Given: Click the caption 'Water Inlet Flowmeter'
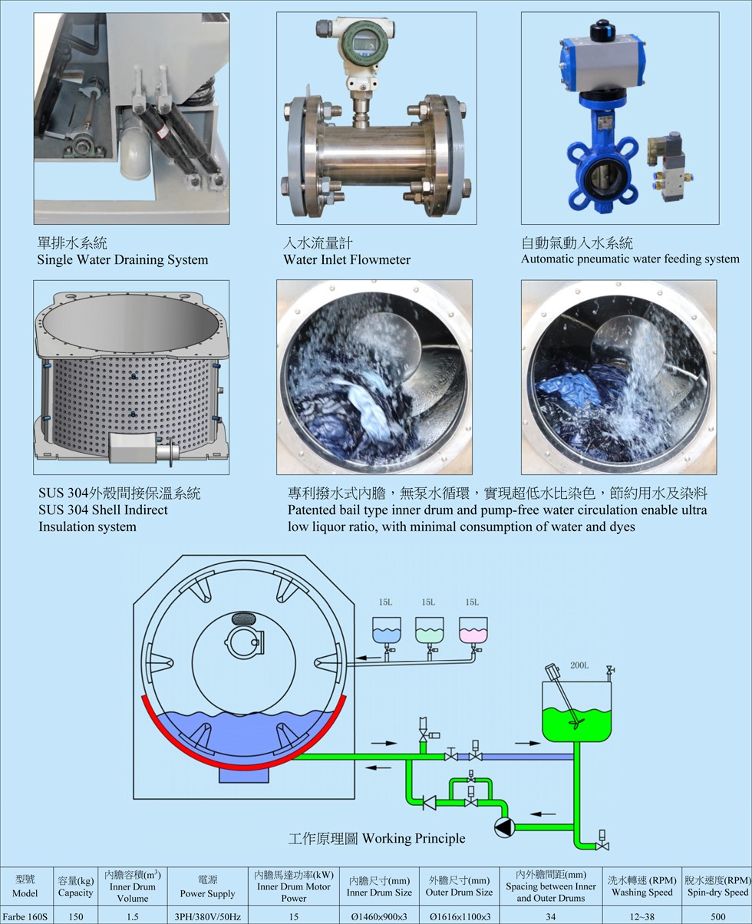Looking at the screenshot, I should point(347,259).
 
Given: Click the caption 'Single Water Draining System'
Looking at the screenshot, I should point(123,259).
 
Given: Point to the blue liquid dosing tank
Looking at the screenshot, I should point(386,630).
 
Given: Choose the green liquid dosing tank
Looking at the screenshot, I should point(429,630).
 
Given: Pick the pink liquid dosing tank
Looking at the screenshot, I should point(473,630).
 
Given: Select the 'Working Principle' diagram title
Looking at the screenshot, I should point(376,838).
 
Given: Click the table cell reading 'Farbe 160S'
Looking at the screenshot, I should point(25,916).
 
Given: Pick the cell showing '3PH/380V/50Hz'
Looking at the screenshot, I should point(207,916).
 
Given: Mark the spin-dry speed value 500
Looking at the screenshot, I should point(717,916).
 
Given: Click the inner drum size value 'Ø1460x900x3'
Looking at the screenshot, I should point(379,916).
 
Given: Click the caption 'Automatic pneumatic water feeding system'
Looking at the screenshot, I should point(630,259).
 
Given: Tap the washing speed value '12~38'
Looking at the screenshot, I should point(642,916).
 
